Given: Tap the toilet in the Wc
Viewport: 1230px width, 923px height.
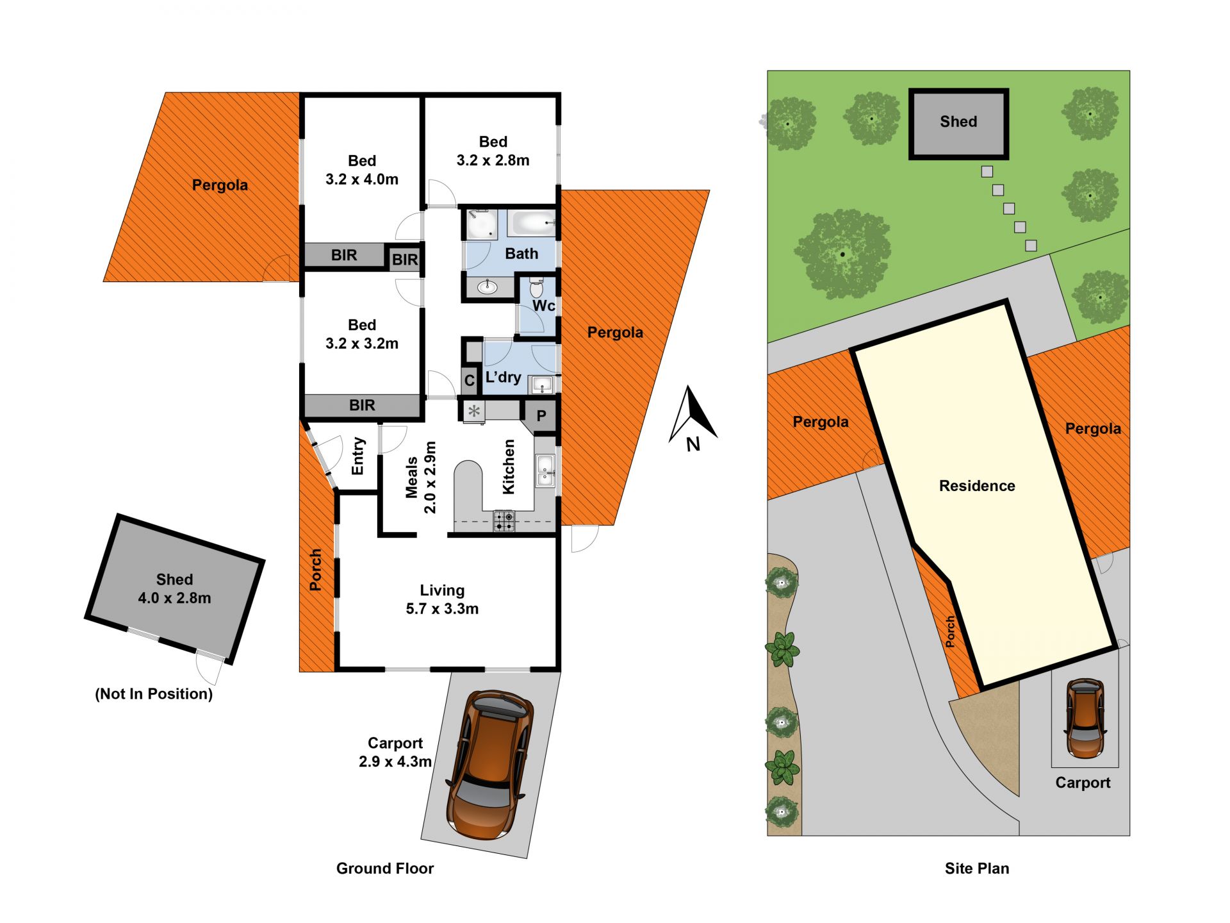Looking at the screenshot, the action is click(x=537, y=287).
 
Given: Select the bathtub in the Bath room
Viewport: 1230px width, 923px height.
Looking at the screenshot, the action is click(x=531, y=223).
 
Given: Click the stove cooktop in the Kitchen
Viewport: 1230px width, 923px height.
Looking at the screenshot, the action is click(x=504, y=520).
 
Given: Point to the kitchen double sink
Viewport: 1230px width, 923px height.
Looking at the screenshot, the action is click(x=545, y=470).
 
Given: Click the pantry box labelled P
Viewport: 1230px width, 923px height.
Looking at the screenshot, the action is click(x=541, y=415).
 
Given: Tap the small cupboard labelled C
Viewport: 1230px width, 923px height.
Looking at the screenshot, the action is click(x=469, y=380).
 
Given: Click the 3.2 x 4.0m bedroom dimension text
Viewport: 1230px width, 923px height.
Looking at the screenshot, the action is click(x=362, y=179).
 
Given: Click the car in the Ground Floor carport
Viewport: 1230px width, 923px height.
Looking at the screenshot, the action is click(x=490, y=765).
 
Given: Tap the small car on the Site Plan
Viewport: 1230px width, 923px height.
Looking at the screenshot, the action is click(x=1085, y=719).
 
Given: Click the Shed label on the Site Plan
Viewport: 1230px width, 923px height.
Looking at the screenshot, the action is click(x=958, y=122).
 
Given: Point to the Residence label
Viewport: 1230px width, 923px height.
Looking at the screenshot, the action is click(x=977, y=486).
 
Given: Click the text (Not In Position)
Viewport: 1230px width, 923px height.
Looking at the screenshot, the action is click(x=154, y=694).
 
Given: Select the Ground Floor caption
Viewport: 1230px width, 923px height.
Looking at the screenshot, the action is click(x=385, y=869).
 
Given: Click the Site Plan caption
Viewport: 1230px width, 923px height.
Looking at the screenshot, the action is click(x=977, y=869).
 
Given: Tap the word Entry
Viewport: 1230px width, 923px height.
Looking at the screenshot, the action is click(x=357, y=456).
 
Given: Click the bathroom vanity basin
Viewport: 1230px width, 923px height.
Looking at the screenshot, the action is click(x=488, y=286).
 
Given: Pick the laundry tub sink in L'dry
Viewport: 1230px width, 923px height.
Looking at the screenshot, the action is click(x=542, y=385).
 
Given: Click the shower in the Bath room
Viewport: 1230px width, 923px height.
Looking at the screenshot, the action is click(x=480, y=224).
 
